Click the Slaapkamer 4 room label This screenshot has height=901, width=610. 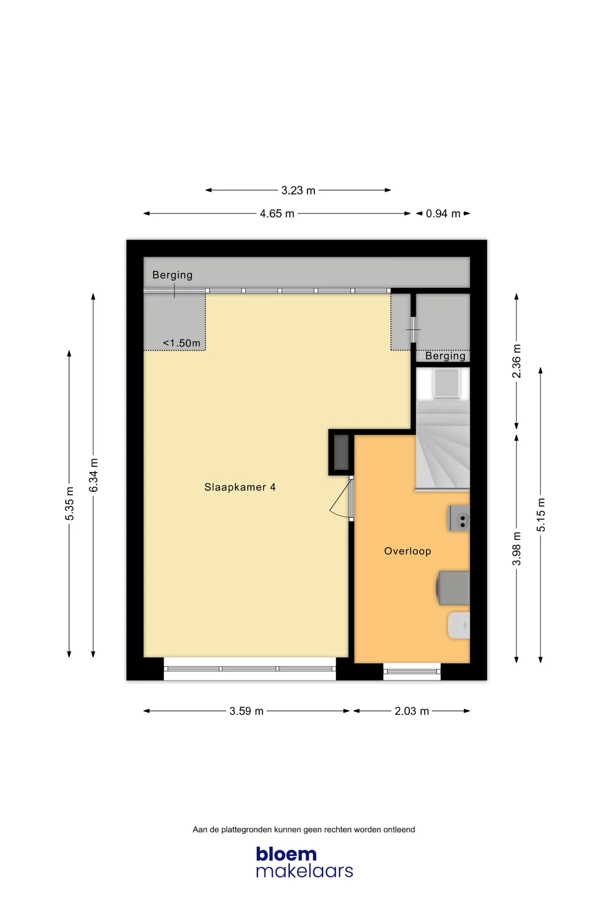click(x=240, y=487)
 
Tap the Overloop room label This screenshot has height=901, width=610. click(x=408, y=551)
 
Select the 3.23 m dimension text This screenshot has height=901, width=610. click(x=298, y=191)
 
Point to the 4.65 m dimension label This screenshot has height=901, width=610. click(x=277, y=214)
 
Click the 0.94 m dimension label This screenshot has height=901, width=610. click(x=443, y=214)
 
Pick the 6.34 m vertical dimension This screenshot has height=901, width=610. click(x=94, y=475)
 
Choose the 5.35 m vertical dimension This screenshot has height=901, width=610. click(x=69, y=503)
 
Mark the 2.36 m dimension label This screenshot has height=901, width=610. click(x=516, y=361)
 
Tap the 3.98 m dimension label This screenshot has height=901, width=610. click(x=516, y=548)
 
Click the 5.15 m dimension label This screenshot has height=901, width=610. click(x=541, y=515)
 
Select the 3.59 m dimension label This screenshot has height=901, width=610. click(x=247, y=711)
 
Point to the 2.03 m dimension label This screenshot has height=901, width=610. click(x=412, y=711)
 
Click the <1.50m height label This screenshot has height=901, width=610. click(x=182, y=343)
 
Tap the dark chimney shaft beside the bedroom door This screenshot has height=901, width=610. click(x=341, y=452)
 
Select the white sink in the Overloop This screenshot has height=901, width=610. click(x=459, y=625)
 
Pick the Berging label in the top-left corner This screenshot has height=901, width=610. click(x=172, y=275)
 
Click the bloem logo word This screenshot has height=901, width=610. click(x=286, y=854)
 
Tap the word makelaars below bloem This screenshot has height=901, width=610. click(x=305, y=871)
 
